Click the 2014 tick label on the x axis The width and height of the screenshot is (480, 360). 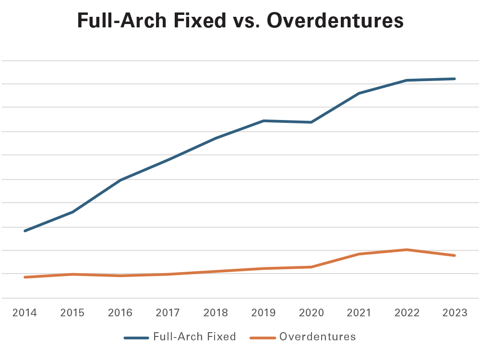pos(24,313)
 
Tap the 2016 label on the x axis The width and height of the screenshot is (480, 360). pos(120,313)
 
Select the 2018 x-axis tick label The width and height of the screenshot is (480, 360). pos(216,313)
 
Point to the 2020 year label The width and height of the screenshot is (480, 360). pos(311,313)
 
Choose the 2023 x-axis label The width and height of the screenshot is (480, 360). pos(455,313)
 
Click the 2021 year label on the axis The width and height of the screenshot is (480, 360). pos(359,313)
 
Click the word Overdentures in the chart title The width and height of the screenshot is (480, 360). pos(334,22)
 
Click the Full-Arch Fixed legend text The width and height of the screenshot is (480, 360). pos(194,337)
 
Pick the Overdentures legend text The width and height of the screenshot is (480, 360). pos(317,337)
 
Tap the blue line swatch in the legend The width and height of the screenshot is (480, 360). pos(136,337)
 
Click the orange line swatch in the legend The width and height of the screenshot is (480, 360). pos(263,337)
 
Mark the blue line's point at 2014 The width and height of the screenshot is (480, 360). pos(24,231)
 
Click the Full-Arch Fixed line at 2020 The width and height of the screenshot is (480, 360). pos(311,122)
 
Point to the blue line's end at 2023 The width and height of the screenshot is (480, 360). pos(455,79)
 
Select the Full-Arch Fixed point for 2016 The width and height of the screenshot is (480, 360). pos(120,180)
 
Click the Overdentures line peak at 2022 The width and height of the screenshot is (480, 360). pos(407,250)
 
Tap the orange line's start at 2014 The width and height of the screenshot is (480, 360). pos(24,277)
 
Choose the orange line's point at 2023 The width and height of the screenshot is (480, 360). pos(455,255)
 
